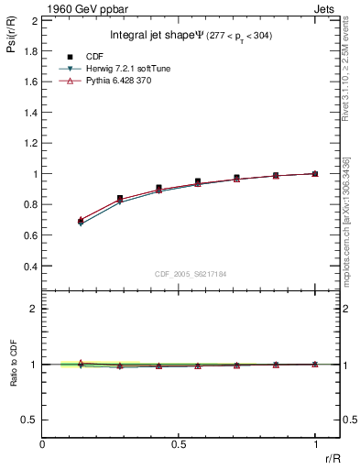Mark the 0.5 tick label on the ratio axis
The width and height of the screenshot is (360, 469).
(27, 420)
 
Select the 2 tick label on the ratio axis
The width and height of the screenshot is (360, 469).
(34, 309)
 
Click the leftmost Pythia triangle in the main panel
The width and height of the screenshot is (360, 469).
(81, 220)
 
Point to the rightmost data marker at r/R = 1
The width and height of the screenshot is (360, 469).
(315, 173)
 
